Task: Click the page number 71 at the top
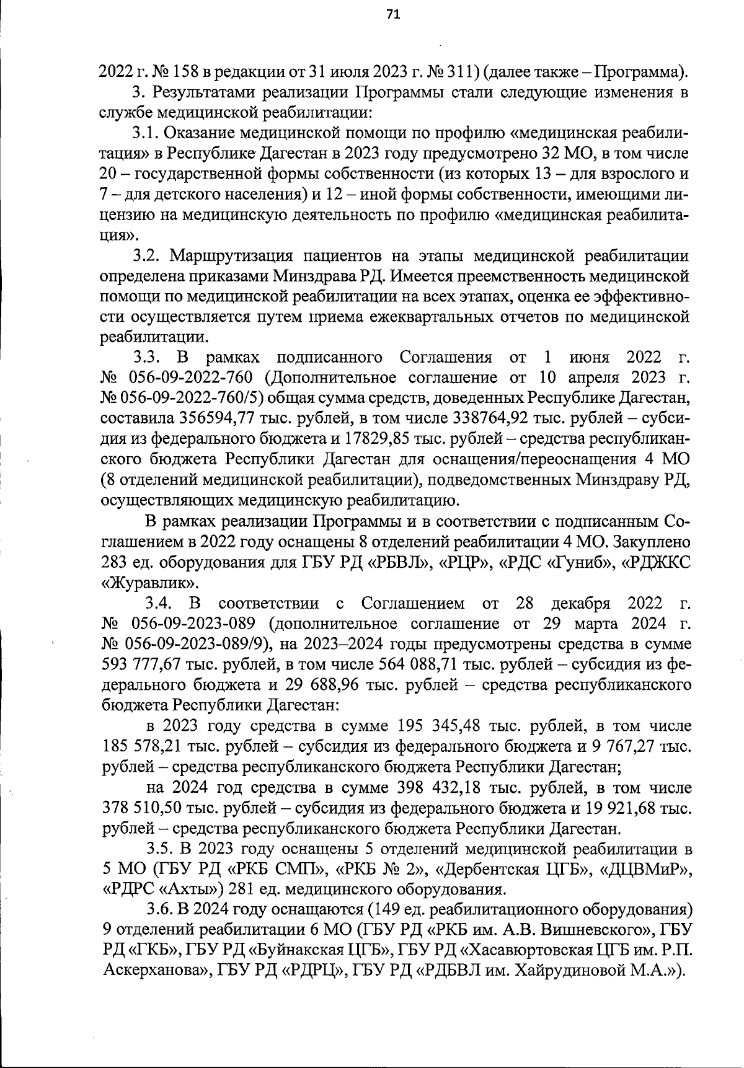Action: [393, 15]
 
